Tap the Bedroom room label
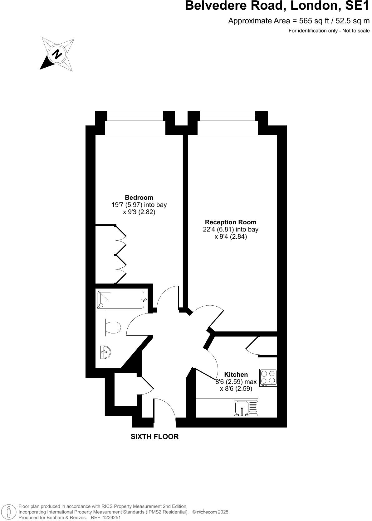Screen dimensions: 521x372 coord(139,198)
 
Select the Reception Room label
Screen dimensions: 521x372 coord(231,222)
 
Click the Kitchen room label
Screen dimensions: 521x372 coord(236,375)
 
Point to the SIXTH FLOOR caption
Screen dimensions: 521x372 coord(154,437)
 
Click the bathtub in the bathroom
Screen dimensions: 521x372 coord(122,300)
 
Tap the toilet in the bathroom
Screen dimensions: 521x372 coord(113,327)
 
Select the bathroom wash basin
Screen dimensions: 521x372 coord(105,352)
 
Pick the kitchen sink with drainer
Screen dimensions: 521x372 coord(246,409)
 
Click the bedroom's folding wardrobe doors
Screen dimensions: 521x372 coord(121,254)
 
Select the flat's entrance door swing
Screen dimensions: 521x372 coord(165,408)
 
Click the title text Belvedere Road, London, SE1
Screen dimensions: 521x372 coord(277,6)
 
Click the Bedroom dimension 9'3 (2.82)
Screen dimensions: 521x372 coord(139,212)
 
